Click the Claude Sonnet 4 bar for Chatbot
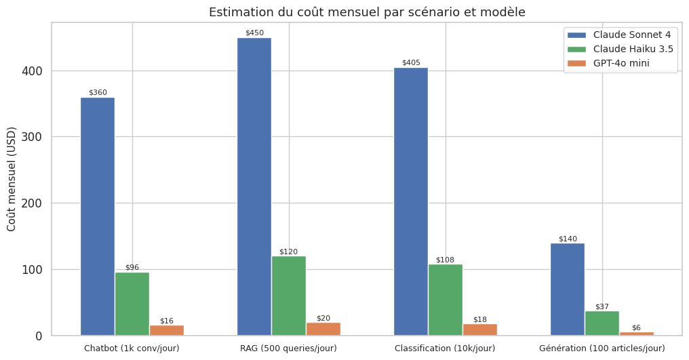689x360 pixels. [98, 216]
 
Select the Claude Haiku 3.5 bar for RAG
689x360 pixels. [288, 296]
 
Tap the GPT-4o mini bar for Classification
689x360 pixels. [480, 329]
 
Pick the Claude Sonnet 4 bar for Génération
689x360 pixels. [567, 289]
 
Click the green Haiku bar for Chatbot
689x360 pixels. [132, 304]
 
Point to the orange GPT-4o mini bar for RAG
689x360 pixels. [323, 329]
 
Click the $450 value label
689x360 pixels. [254, 33]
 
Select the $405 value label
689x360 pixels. [411, 62]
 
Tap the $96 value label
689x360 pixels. [132, 267]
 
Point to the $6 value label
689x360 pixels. [636, 327]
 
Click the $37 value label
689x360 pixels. [602, 306]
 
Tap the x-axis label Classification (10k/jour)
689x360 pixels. [445, 348]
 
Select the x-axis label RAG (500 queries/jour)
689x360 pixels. [288, 348]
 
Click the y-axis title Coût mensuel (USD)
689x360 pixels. [12, 179]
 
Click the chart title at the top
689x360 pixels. [367, 12]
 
